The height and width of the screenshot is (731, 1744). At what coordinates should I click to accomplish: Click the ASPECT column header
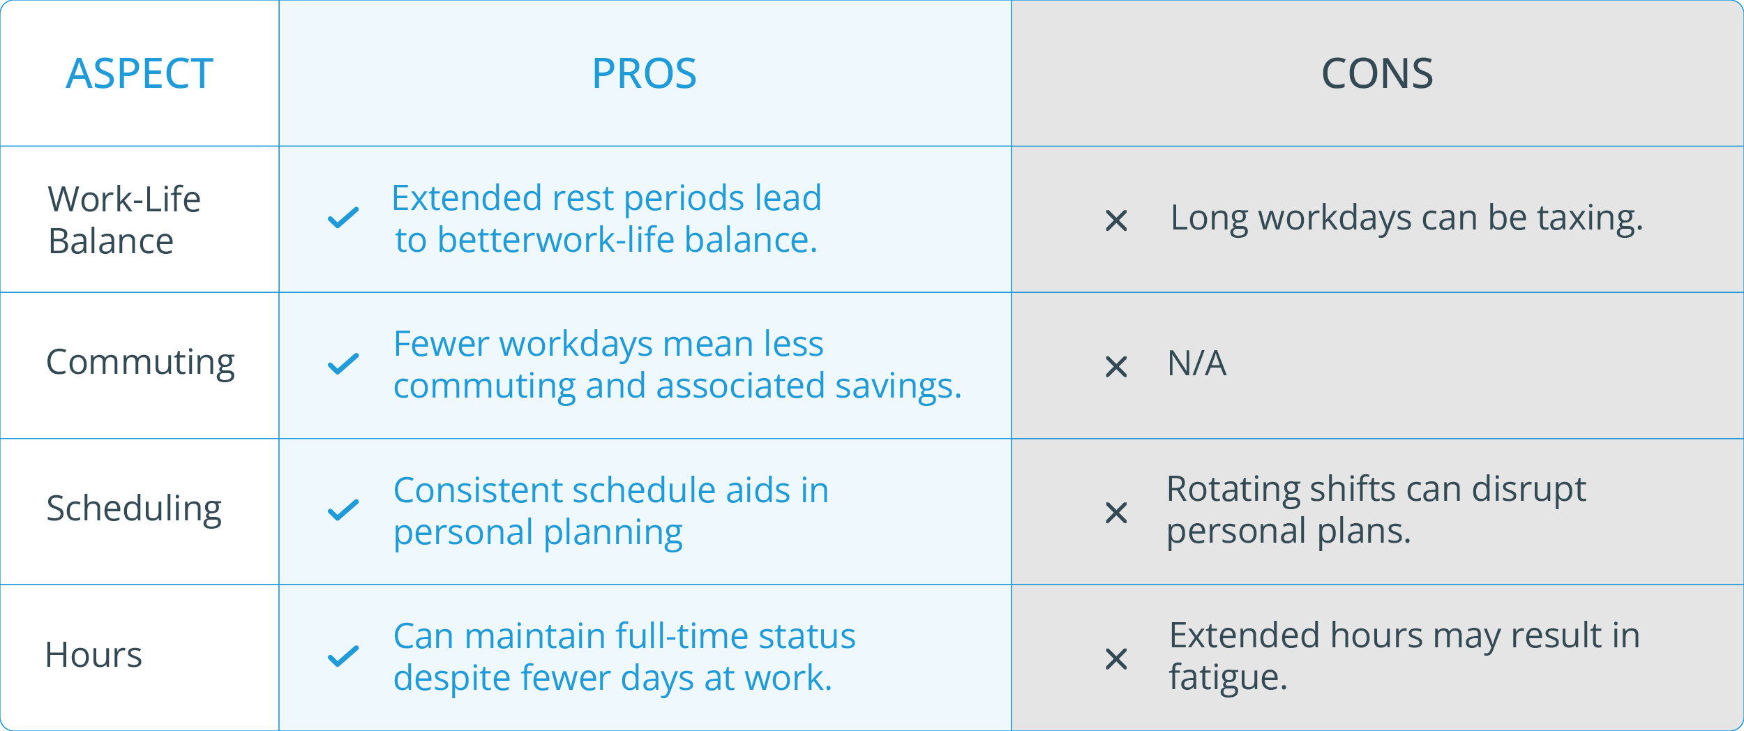(140, 73)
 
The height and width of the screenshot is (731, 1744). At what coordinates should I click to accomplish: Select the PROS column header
(644, 73)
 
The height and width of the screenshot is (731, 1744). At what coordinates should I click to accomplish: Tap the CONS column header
(1377, 73)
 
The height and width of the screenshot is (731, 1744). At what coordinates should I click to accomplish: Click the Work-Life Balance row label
(124, 220)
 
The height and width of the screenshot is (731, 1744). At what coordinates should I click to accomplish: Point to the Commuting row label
(140, 363)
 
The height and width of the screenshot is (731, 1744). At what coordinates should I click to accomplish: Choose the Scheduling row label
(134, 509)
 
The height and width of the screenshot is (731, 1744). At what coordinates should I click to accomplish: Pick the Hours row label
(93, 655)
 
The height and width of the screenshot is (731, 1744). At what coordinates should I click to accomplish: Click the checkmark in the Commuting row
(343, 363)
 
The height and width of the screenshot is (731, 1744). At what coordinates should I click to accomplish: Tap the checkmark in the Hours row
(343, 656)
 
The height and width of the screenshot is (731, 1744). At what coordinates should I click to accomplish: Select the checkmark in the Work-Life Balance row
(343, 218)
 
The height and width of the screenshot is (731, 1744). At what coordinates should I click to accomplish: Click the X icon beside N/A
(1116, 366)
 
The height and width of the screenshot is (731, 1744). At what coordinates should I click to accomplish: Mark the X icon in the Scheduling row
(1116, 513)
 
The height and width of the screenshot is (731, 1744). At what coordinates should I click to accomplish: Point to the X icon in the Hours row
(1116, 658)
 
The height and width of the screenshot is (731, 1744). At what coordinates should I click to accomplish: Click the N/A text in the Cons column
(1196, 363)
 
